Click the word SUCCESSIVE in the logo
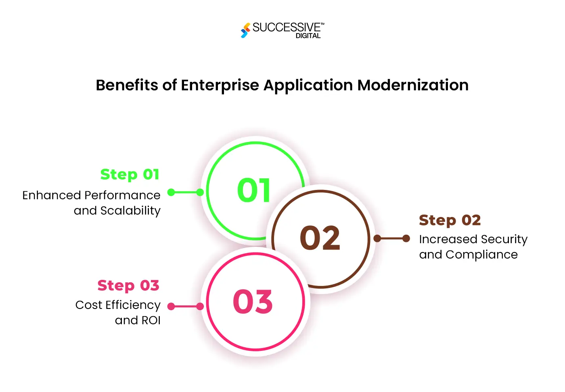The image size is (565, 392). pos(286,27)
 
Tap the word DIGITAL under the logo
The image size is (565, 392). pos(308,36)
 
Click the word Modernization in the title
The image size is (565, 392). pos(413,85)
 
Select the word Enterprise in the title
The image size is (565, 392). pos(220,85)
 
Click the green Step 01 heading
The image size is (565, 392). pos(130,175)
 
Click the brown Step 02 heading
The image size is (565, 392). pos(450,220)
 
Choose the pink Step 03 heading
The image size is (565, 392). pos(128,286)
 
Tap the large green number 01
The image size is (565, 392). pos(254,190)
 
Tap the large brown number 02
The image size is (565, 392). pos(320,238)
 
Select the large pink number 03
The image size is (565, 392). pos(253,302)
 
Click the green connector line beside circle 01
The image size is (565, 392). pos(185,192)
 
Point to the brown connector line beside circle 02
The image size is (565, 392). pos(391,239)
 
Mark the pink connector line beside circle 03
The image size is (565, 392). pos(185,307)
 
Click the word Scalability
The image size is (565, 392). pos(130,211)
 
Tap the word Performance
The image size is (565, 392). pos(122,196)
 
